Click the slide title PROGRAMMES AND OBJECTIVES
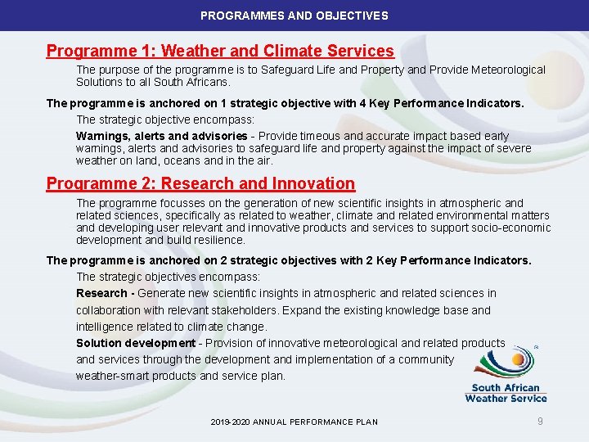294,16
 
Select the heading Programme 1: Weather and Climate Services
220,51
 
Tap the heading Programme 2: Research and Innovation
200,183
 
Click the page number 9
540,421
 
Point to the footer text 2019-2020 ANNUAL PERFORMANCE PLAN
294,422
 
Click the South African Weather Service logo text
506,393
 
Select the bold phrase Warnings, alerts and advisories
161,136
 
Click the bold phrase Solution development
136,343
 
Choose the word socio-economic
512,228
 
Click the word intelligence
107,327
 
